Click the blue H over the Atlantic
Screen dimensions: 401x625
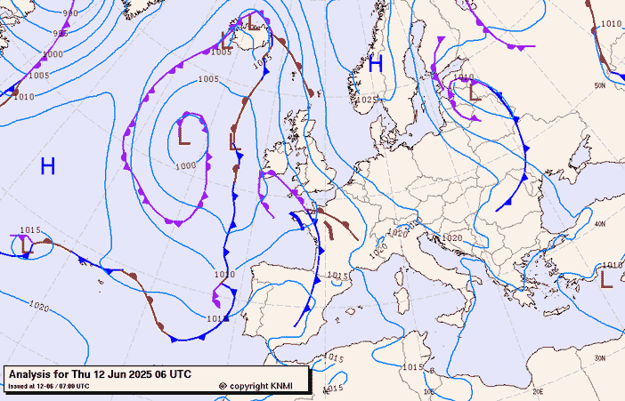(48, 165)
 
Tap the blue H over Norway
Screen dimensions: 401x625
(376, 63)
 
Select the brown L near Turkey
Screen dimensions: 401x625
(606, 279)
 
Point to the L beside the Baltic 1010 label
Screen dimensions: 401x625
(473, 89)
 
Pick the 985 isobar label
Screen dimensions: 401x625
(61, 34)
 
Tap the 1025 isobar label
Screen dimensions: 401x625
(366, 100)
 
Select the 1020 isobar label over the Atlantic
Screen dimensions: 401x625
(38, 307)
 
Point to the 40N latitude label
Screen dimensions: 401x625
(600, 224)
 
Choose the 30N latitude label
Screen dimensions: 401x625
(600, 358)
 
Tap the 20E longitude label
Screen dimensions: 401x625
(538, 390)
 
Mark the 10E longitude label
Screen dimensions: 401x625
(429, 390)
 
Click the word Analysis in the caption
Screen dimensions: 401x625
(34, 374)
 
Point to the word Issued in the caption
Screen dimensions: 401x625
(19, 386)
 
